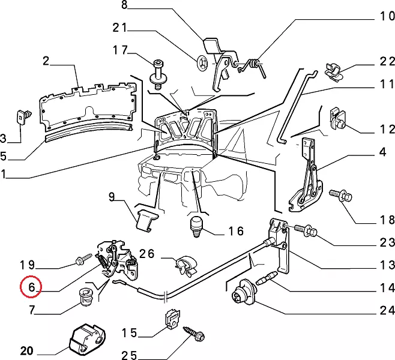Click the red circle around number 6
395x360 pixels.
tap(30, 287)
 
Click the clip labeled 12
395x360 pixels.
tap(337, 120)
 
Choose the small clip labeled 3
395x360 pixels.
tap(25, 113)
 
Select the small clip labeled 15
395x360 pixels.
tap(172, 319)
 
